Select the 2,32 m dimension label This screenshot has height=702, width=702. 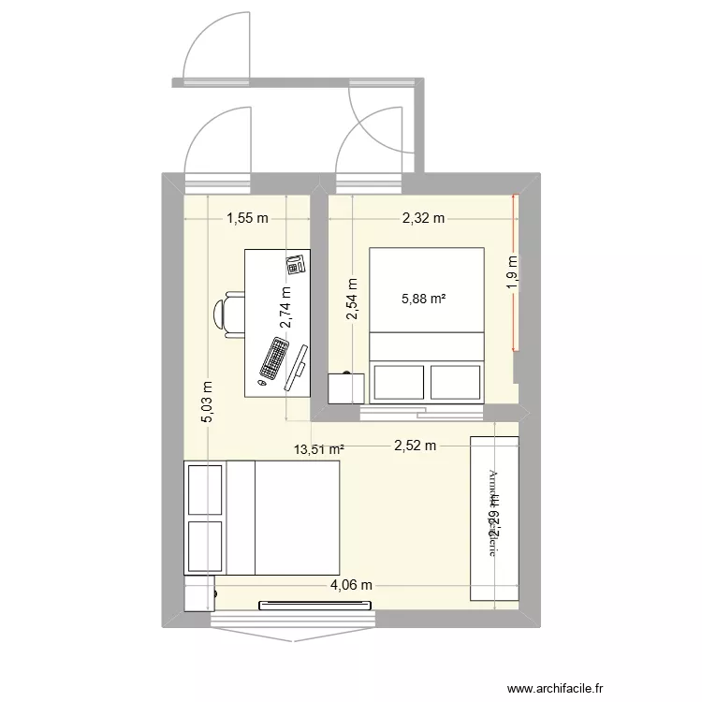click(423, 219)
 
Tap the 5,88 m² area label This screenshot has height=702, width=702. click(423, 300)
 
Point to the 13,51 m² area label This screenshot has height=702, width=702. click(319, 449)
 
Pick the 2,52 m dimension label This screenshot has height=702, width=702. click(414, 446)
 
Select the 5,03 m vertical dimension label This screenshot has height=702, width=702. click(208, 401)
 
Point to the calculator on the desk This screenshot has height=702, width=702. click(297, 264)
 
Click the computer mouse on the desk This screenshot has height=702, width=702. click(263, 383)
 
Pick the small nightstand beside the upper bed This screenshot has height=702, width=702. click(344, 388)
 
